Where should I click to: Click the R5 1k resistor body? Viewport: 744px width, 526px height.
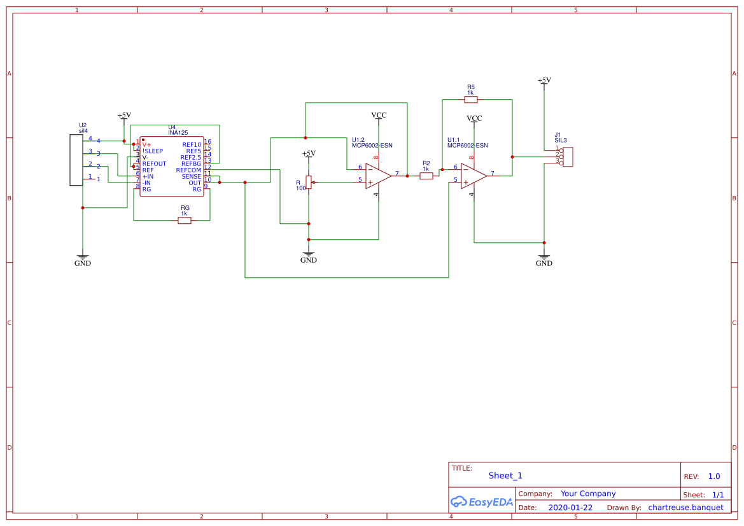470,99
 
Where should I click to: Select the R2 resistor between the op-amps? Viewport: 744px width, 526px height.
426,176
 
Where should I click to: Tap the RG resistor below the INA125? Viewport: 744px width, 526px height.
184,220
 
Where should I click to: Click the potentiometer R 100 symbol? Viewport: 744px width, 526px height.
309,183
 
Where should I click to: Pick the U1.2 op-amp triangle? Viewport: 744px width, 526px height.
377,176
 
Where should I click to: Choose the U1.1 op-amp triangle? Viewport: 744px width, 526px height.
473,176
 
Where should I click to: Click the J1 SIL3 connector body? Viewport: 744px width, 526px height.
567,157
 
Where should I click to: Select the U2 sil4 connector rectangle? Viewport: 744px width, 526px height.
76,160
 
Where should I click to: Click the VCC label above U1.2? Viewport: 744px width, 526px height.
379,115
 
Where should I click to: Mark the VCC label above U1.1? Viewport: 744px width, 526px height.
474,118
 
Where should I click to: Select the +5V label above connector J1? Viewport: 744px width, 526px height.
544,80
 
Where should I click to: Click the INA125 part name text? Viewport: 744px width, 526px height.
178,133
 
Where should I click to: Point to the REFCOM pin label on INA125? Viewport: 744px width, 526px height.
188,170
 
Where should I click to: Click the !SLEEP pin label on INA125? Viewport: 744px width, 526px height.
153,151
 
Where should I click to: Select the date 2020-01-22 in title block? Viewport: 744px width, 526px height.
570,508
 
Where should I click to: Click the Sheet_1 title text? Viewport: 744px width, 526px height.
505,476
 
